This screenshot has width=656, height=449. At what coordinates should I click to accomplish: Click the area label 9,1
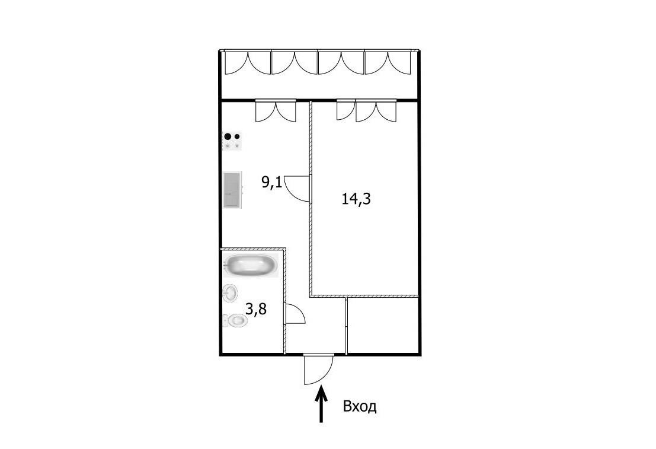coord(272,183)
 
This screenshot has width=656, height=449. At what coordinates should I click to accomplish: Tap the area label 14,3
coord(356,199)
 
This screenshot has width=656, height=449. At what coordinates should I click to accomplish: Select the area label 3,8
coord(255,310)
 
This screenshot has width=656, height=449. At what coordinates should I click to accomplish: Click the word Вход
coord(360,406)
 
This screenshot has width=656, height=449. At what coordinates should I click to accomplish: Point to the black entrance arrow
coord(321,404)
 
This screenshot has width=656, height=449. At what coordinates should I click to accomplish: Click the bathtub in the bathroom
coord(250,265)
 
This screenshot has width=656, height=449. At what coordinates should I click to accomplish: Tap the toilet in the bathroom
coord(235,321)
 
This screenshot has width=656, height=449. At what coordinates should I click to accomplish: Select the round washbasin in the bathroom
coord(230,292)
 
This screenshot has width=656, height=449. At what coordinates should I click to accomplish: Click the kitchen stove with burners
coord(232,141)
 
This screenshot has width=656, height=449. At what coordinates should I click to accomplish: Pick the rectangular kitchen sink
coord(233,189)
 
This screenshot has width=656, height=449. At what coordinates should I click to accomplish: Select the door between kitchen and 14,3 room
coord(298,189)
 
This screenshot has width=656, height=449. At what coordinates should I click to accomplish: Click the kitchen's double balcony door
coord(276,111)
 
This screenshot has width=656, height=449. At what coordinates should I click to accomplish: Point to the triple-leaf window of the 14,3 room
coord(366,110)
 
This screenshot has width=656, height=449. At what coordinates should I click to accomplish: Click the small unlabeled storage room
coord(382,326)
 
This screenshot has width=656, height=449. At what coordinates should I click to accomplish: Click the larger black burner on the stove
coord(228,136)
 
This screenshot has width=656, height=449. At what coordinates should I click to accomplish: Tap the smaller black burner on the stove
coord(237,136)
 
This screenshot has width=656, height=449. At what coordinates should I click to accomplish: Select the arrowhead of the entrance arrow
coord(321,391)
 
